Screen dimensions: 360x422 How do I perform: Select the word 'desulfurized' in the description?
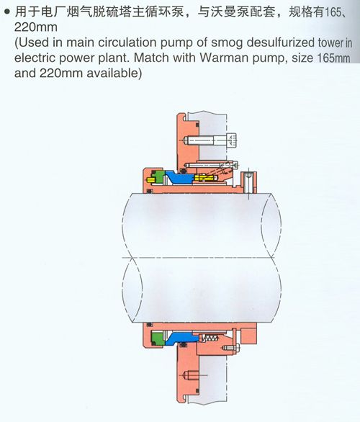coord(281,42)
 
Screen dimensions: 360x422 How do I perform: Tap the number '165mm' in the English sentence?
coord(333,58)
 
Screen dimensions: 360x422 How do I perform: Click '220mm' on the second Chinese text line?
coord(36,27)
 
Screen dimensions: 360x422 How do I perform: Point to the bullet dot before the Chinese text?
coord(7,12)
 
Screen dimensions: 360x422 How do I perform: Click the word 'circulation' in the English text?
coord(127,42)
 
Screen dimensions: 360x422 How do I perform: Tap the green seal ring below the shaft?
coord(158,338)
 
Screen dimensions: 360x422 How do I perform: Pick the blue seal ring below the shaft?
coord(181,338)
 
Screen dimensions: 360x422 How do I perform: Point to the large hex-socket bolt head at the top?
coord(232,140)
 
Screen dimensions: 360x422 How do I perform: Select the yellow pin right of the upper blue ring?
coord(207,178)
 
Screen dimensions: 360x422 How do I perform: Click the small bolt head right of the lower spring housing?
coord(236,349)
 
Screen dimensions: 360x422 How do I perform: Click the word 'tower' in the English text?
coord(331,42)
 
